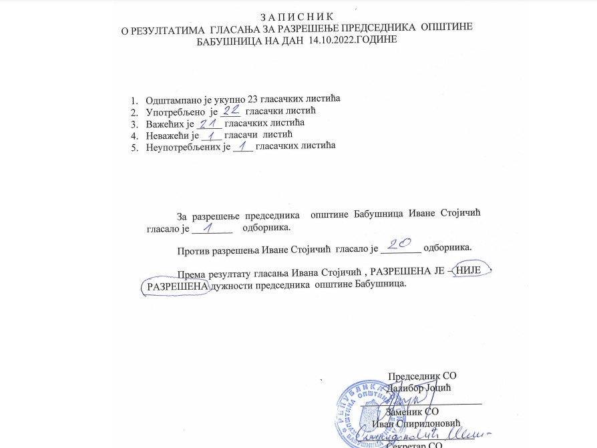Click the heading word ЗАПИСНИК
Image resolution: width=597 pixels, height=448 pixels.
tap(298, 15)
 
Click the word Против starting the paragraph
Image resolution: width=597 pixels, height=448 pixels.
tap(193, 251)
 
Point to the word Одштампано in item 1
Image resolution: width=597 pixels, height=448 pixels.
tap(174, 98)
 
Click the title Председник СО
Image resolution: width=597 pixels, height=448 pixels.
tap(422, 376)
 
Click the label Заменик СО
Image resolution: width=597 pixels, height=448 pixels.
tap(413, 412)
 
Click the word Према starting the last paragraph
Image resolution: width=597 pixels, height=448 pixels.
tap(192, 272)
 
